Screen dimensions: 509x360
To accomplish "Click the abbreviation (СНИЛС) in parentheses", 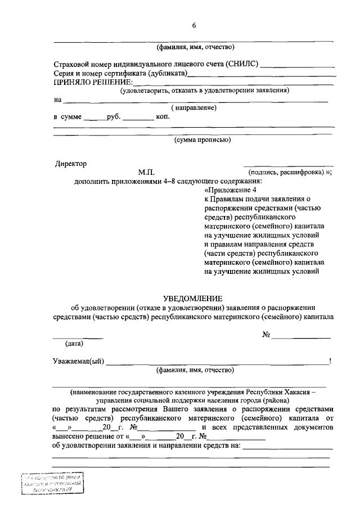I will coord(243,65).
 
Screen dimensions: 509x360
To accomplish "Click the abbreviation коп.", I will coord(163,118).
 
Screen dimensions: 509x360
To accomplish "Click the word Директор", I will coord(71,164).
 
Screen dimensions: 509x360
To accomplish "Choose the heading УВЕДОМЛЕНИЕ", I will coord(193,298).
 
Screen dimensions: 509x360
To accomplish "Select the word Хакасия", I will coord(304,391).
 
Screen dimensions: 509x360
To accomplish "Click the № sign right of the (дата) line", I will coord(267,335).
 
